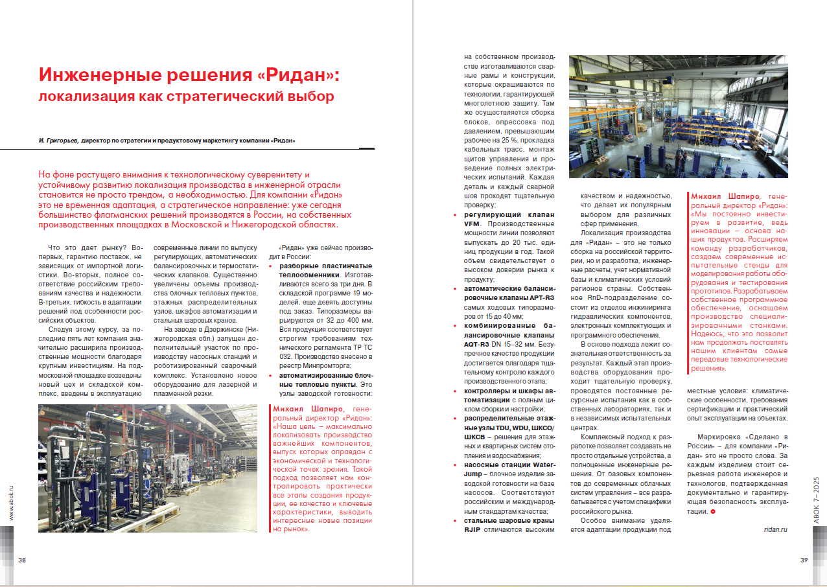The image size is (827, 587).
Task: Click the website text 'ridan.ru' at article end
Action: pos(775,529)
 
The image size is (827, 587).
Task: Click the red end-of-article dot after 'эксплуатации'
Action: pos(713,512)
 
